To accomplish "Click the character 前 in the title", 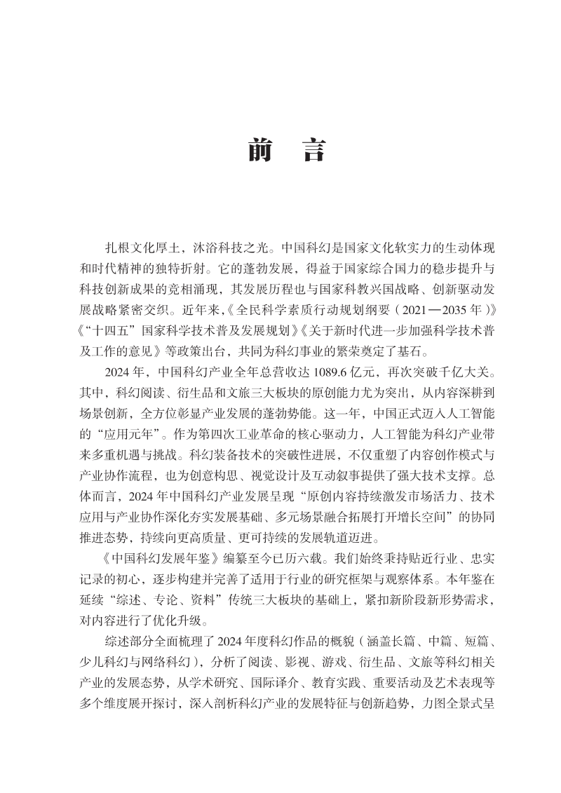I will [x=259, y=151].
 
